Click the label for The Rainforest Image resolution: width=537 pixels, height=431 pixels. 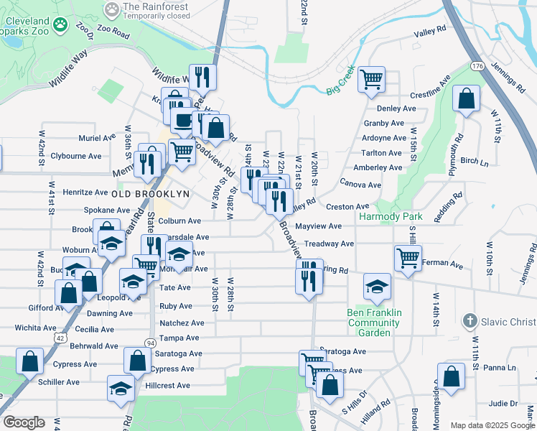[157, 7]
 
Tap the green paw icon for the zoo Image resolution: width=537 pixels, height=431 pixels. [62, 24]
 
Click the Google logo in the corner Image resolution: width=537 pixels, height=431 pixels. [24, 422]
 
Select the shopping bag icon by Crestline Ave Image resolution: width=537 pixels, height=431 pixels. [467, 99]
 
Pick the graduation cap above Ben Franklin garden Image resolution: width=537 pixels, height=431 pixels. [377, 287]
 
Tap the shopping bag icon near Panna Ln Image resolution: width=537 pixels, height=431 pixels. [450, 376]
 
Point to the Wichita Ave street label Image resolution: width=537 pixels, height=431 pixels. [36, 328]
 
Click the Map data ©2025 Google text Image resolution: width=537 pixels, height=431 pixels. [491, 425]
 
